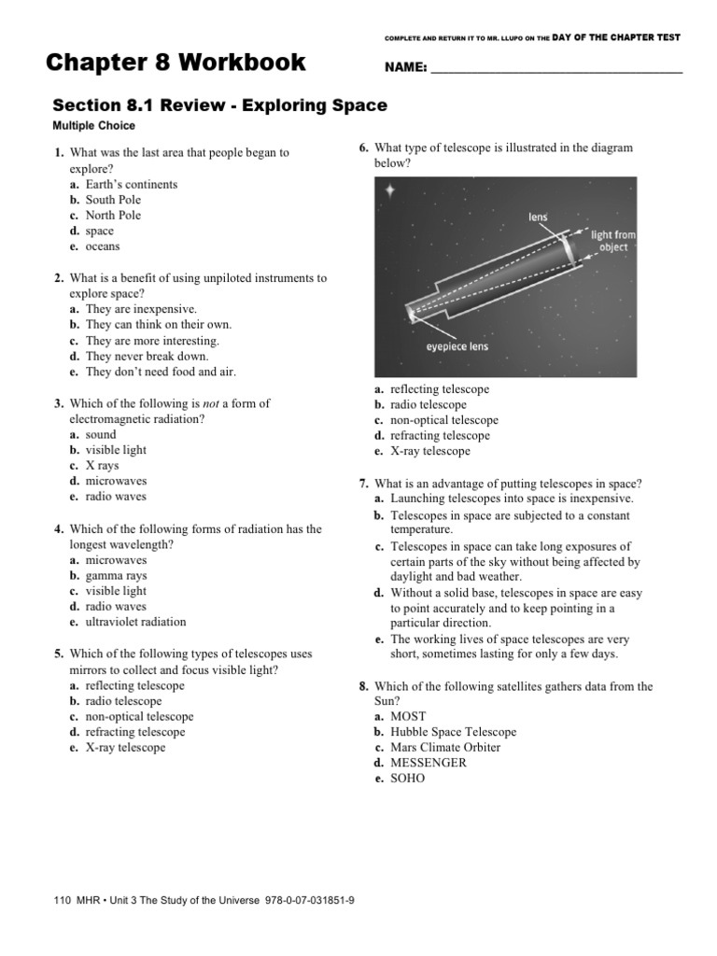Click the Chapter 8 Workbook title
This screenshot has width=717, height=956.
(176, 63)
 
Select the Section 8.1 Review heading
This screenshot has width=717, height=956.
(218, 105)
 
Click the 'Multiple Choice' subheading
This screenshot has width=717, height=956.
(93, 126)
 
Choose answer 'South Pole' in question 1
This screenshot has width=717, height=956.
(113, 200)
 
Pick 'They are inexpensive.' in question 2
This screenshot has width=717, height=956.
(141, 309)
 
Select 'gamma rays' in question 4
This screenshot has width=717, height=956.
(116, 576)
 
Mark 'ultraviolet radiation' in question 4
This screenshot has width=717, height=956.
(135, 622)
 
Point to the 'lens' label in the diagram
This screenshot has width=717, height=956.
(539, 217)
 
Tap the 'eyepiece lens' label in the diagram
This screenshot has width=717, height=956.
(457, 346)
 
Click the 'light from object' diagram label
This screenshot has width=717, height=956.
(613, 241)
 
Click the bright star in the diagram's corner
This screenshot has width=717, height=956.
(390, 190)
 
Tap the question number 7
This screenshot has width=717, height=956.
(363, 484)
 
